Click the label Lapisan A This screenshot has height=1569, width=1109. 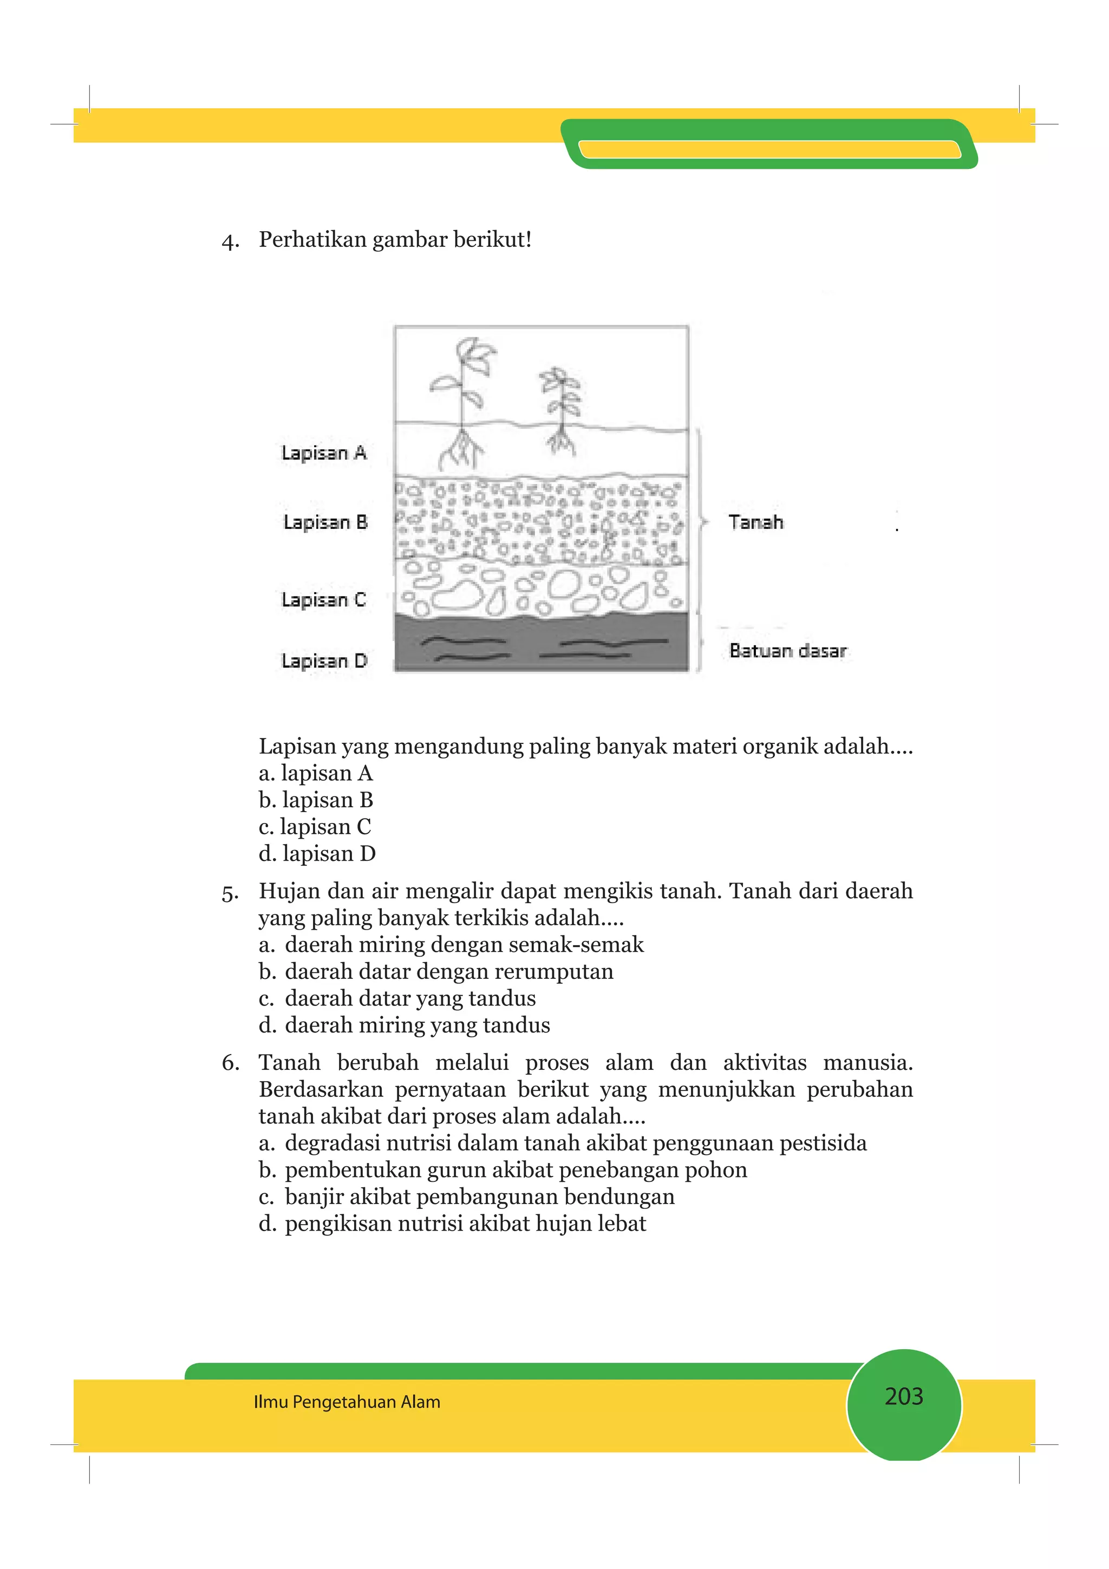click(x=324, y=453)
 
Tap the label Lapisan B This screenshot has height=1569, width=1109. click(x=325, y=523)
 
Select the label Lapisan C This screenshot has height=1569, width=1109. click(x=324, y=600)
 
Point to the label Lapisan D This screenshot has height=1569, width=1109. click(x=324, y=661)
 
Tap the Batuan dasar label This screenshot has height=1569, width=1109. click(x=788, y=651)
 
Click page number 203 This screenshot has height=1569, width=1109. click(x=903, y=1396)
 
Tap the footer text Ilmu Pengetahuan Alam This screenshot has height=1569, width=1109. click(x=347, y=1402)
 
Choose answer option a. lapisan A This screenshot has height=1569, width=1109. click(x=316, y=773)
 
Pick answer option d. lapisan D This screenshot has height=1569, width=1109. click(x=317, y=853)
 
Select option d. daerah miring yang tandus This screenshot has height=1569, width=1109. click(x=404, y=1025)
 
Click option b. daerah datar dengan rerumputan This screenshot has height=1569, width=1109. click(x=436, y=971)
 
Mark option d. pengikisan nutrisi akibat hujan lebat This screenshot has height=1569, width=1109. click(x=452, y=1223)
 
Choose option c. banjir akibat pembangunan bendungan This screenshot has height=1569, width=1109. click(x=466, y=1197)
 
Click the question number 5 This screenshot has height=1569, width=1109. click(x=230, y=892)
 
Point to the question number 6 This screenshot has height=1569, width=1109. click(x=230, y=1063)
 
